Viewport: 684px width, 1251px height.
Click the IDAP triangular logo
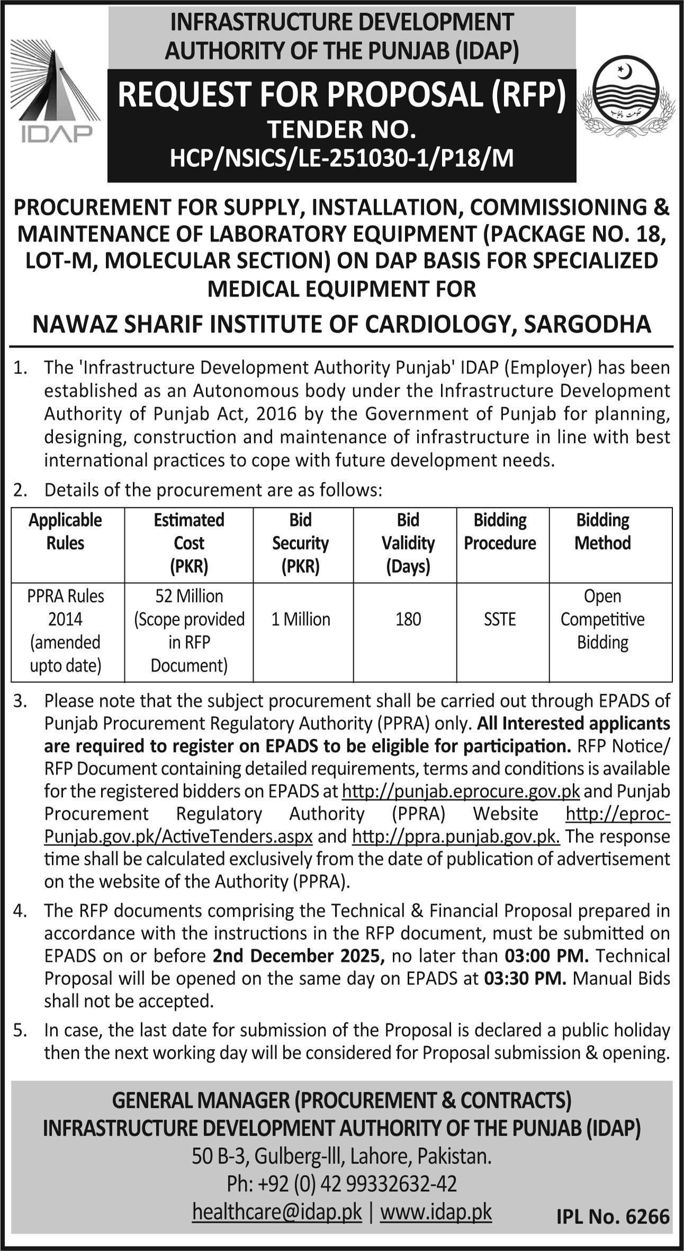click(56, 94)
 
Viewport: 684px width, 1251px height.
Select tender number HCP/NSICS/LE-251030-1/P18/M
click(341, 158)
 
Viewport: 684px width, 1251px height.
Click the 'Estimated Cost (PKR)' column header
click(189, 543)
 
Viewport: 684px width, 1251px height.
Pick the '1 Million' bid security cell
click(301, 619)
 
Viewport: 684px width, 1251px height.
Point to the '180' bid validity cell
click(408, 619)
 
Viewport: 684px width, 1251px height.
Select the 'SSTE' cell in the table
click(500, 619)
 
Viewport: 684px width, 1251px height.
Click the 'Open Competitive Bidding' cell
click(602, 619)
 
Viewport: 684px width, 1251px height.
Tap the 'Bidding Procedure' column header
click(500, 532)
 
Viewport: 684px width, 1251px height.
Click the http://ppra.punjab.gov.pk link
click(456, 837)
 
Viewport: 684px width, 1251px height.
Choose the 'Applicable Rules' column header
click(66, 532)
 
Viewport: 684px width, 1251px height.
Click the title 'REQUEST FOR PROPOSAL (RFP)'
click(341, 95)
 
